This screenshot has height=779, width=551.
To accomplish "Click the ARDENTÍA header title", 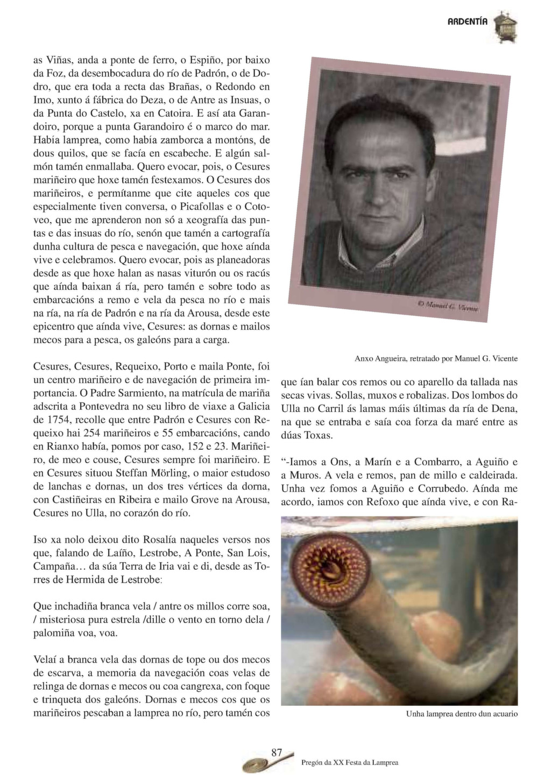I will (x=468, y=22).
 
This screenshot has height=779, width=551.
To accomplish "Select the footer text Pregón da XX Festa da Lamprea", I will (x=350, y=762).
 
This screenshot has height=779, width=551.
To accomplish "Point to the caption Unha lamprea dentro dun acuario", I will (x=462, y=714).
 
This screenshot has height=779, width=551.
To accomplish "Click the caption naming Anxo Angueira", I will (x=436, y=358).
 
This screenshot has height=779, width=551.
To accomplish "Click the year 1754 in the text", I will (x=44, y=420).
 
